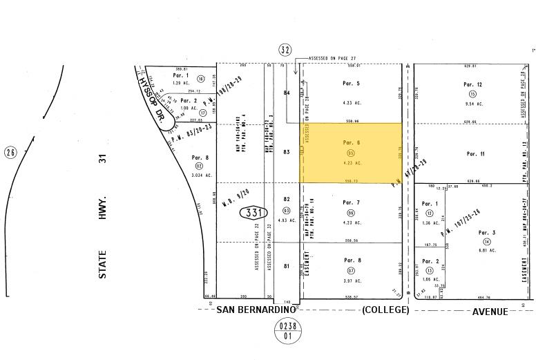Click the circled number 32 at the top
coord(285,50)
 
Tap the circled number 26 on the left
coord(10,152)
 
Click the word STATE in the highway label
coord(102,265)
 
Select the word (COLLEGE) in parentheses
coord(385,310)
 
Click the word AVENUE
coord(490,311)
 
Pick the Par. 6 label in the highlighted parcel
coord(352,142)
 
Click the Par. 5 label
coord(352,83)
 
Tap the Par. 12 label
coord(472,84)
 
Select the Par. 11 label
coord(475,153)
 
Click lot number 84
coord(287,92)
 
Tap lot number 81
coord(287,266)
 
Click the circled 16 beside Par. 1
coord(201,79)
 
